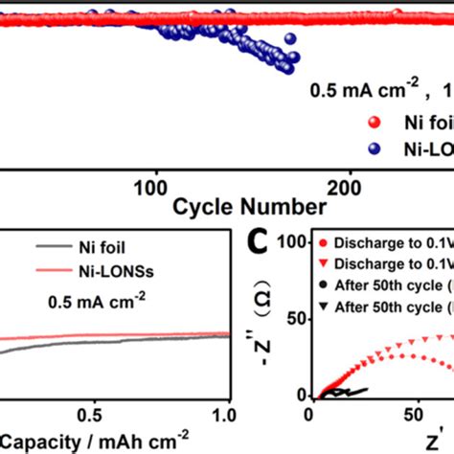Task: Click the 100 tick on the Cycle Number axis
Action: pos(154,185)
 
